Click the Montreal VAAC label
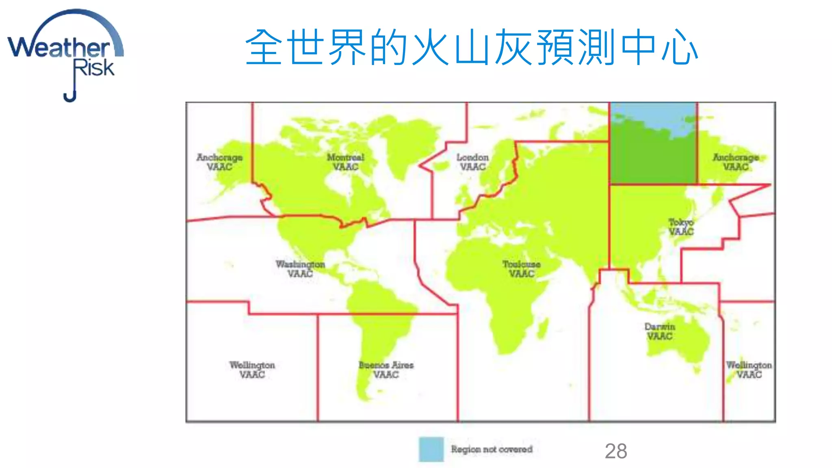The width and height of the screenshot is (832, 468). (346, 162)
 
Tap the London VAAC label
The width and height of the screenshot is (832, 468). (472, 162)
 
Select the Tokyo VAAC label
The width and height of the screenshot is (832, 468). (681, 227)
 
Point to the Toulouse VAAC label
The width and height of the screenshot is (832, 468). (522, 269)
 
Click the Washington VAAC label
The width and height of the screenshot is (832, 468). (300, 269)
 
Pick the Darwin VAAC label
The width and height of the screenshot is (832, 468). (660, 331)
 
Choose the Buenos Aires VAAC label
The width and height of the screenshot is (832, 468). (386, 370)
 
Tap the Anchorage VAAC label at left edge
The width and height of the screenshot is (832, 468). (219, 162)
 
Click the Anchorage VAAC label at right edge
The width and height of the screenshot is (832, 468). (736, 162)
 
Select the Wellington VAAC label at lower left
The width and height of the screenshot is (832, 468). (252, 370)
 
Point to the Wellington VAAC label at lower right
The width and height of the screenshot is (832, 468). (749, 370)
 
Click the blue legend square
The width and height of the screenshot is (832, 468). (431, 449)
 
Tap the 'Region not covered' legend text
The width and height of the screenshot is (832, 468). (492, 449)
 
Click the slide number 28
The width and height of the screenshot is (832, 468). (616, 451)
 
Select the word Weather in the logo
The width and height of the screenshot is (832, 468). (59, 48)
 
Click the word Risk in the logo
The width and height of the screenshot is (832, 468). (94, 68)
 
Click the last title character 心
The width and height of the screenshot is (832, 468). (680, 47)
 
